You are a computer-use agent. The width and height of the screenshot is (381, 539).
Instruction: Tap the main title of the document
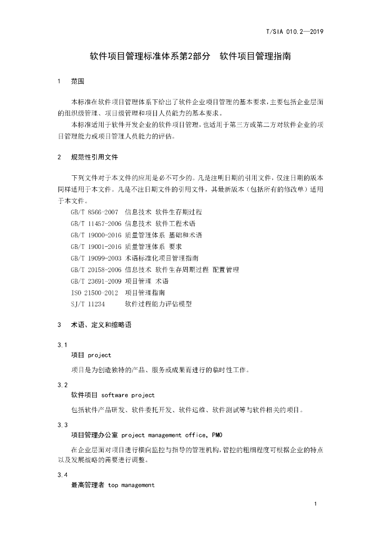pos(190,55)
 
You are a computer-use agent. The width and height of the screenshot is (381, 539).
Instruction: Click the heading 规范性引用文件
pos(95,157)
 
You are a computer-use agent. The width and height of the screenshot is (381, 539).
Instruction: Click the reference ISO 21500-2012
pos(94,293)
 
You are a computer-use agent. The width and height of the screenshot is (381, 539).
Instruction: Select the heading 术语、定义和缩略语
pos(101,325)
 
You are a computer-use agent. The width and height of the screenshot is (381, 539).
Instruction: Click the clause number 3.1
pos(62,345)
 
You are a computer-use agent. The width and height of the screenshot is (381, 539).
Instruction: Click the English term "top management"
pos(132,485)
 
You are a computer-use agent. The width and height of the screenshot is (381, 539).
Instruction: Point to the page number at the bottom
pos(315,505)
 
